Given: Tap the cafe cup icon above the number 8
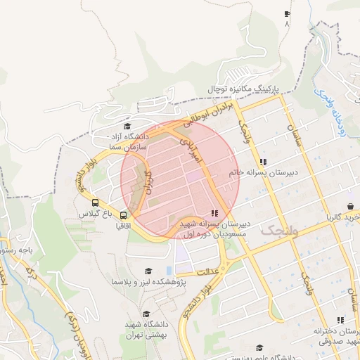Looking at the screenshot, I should [287, 14].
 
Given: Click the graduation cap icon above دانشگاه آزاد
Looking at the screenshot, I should [127, 126].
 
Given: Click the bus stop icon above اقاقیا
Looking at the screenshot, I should [124, 216].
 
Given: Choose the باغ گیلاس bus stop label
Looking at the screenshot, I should [95, 212].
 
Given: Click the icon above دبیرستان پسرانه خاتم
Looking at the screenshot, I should [263, 160].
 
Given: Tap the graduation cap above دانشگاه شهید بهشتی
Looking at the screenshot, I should [146, 314].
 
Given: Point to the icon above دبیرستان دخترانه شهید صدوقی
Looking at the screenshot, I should [341, 320].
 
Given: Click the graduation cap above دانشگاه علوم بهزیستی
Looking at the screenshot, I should [259, 347].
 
